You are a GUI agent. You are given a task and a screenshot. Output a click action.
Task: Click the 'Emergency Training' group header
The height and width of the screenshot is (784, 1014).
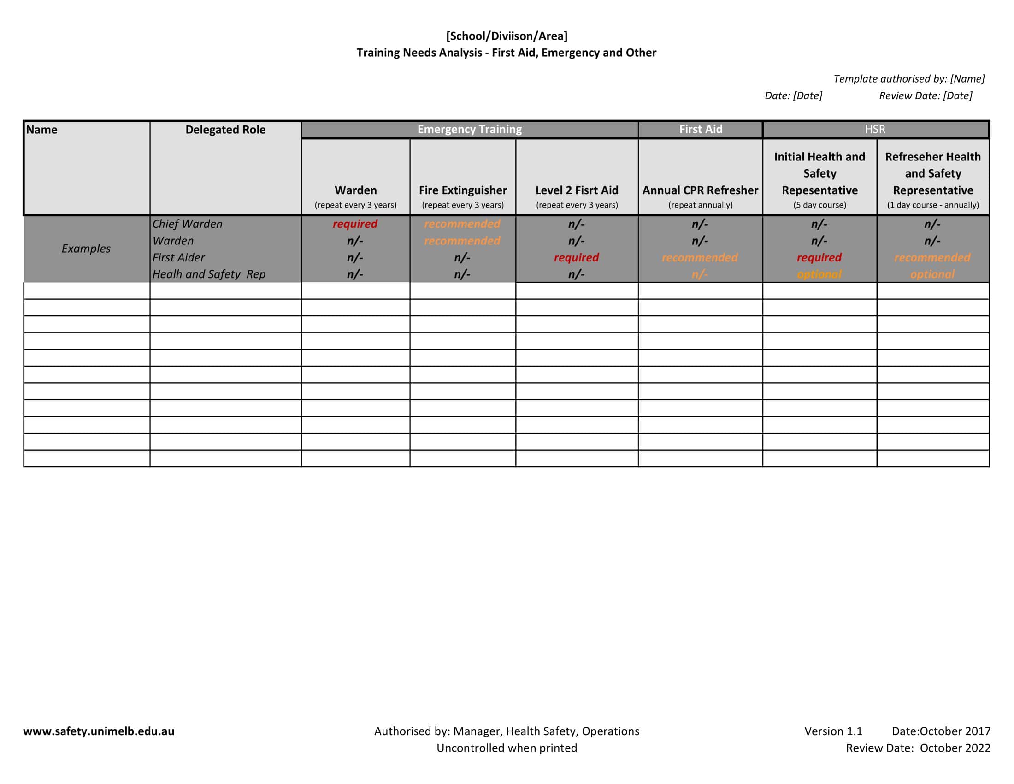[x=469, y=129]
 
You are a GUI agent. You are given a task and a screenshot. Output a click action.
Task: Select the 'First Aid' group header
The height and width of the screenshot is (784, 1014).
[x=700, y=129]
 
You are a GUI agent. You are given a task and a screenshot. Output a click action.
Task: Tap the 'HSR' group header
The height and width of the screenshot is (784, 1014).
[x=875, y=129]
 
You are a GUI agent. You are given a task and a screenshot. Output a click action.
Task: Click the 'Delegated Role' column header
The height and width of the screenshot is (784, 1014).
[x=225, y=130]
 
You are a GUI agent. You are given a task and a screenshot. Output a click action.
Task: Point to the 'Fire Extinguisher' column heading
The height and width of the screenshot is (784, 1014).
[x=462, y=190]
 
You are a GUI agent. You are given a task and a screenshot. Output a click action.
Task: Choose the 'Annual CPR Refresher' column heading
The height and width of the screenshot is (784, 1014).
[x=700, y=190]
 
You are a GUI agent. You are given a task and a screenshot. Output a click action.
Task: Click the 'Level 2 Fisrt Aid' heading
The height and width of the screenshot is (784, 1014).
[x=577, y=190]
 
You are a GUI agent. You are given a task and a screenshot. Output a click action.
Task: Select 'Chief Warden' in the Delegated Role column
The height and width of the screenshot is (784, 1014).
[x=187, y=224]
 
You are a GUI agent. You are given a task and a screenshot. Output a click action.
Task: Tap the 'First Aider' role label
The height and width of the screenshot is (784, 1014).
[x=178, y=257]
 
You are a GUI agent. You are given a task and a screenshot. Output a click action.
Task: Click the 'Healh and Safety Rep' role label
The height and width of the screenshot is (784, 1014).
[x=208, y=274]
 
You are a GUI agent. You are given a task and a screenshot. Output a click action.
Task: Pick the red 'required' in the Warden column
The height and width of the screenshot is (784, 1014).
[x=355, y=224]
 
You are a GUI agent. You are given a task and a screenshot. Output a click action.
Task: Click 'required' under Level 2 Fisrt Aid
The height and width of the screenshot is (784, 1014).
[x=576, y=257]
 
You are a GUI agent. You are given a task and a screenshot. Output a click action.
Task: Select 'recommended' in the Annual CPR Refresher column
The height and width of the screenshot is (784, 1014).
[x=699, y=257]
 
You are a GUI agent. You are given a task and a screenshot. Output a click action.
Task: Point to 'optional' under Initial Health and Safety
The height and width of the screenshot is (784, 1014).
[x=819, y=274]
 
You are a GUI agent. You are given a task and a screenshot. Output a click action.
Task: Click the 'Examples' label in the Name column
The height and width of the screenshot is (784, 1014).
[x=86, y=249]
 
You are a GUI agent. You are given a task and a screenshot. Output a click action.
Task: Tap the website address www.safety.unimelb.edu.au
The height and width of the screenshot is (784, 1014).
[x=99, y=731]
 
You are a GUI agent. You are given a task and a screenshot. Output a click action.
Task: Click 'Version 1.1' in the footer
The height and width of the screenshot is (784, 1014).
[x=833, y=731]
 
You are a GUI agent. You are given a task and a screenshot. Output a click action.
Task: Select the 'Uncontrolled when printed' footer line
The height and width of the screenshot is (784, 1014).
[x=507, y=748]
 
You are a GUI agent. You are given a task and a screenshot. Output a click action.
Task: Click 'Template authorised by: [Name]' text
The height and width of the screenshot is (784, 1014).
[x=908, y=79]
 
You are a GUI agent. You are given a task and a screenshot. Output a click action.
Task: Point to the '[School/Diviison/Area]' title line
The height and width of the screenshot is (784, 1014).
[x=507, y=36]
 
